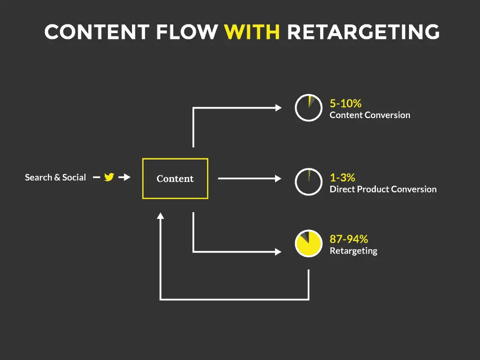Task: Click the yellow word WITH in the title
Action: pos(252,32)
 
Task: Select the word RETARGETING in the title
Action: pos(363,32)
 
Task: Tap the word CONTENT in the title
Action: pos(97,32)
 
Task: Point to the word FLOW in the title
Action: pos(187,32)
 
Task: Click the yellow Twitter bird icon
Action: pos(109,177)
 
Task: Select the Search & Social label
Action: pos(55,177)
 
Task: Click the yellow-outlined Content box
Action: pos(175,179)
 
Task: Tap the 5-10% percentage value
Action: pos(346,104)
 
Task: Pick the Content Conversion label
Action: pos(370,115)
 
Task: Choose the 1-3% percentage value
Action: pos(343,178)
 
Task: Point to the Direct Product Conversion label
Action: pos(383,189)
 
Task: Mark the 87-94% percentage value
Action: pos(348,239)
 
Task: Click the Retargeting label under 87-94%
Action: pos(353,251)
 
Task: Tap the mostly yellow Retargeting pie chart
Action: pos(309,243)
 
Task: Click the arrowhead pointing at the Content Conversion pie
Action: pos(278,108)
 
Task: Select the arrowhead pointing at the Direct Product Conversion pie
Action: pos(278,179)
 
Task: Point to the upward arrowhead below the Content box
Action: pos(160,216)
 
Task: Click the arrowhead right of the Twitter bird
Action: pos(127,177)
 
